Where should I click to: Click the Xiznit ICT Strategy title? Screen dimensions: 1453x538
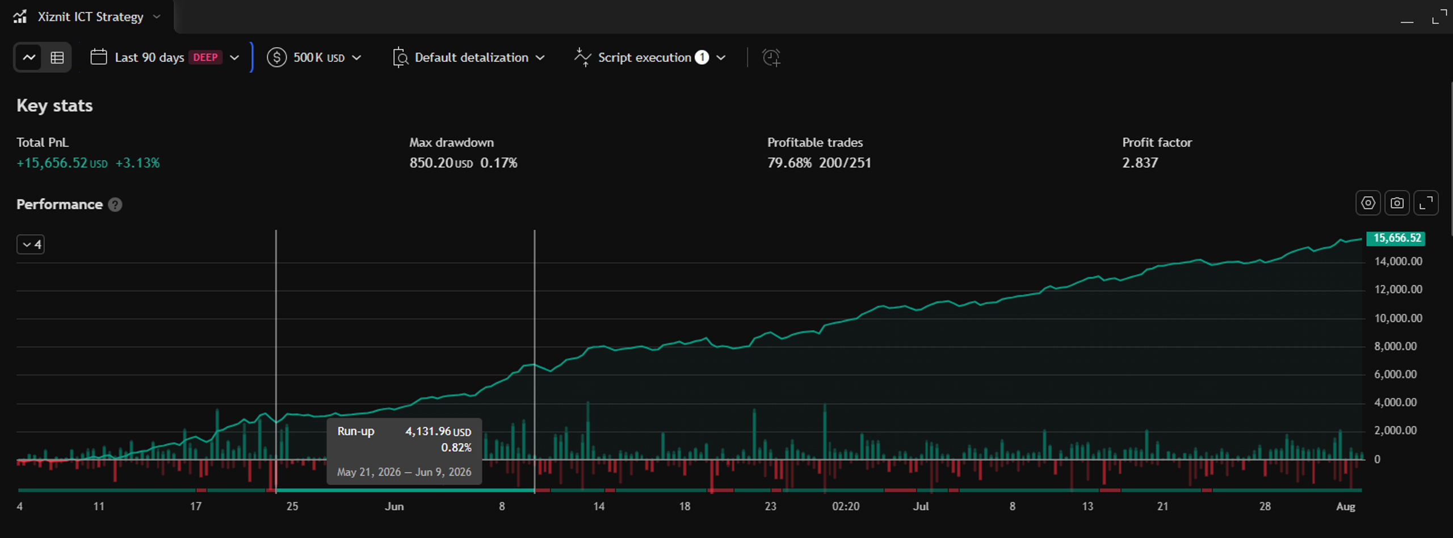tap(90, 17)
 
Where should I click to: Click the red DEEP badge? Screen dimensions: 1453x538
tap(205, 57)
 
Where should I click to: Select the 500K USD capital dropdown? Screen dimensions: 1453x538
tap(314, 57)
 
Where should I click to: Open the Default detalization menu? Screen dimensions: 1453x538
tap(469, 57)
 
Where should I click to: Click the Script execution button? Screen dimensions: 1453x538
tap(650, 57)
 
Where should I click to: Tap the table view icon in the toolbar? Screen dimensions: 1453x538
tap(57, 57)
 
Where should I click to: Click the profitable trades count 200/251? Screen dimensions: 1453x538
tap(845, 163)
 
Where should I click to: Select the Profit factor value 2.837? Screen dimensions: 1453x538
tap(1140, 163)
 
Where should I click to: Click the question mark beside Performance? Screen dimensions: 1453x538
tap(115, 204)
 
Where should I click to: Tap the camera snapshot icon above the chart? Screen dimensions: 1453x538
tap(1397, 203)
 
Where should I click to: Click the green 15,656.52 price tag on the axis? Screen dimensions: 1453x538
tap(1396, 238)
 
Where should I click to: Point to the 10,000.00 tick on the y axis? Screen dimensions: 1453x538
tap(1398, 318)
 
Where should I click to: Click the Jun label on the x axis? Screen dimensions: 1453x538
tap(394, 506)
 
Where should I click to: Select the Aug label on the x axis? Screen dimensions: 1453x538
tap(1346, 506)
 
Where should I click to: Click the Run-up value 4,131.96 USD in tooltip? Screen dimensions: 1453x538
tap(438, 431)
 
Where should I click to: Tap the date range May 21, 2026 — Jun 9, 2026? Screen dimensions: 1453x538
tap(404, 472)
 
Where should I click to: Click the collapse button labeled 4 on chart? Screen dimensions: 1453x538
tap(31, 245)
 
